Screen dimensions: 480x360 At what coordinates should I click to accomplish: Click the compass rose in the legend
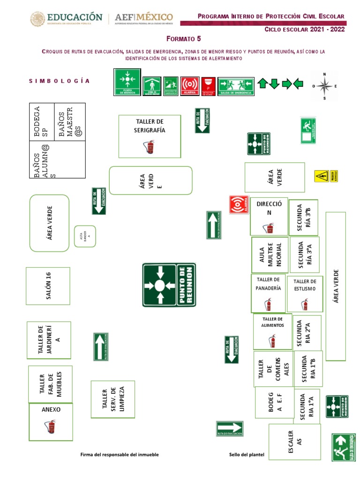coord(324,85)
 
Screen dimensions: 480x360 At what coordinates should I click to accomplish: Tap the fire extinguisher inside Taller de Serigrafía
coord(150,148)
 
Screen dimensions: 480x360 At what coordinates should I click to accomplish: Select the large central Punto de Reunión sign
coord(169,285)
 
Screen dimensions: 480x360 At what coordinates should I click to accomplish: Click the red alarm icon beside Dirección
coord(239,205)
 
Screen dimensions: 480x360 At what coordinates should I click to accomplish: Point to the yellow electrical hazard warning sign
coord(322,176)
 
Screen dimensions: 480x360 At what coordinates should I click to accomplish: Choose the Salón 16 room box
coord(48,286)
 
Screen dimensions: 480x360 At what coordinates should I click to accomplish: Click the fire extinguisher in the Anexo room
coord(50,427)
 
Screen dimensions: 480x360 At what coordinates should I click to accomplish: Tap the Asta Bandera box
coord(85,236)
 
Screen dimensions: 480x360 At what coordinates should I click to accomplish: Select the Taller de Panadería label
coord(268,284)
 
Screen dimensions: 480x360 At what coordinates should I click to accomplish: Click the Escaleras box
coord(294,442)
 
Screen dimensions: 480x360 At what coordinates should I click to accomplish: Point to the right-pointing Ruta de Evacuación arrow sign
coord(230,428)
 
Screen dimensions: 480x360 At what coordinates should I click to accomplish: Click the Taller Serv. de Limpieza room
coord(112,399)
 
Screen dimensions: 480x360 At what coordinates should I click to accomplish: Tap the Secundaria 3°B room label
coord(303,218)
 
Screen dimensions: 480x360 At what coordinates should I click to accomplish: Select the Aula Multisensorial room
coord(269,255)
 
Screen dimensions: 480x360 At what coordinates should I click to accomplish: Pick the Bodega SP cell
coord(42,121)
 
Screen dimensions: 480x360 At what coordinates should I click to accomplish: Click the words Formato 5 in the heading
coord(187,38)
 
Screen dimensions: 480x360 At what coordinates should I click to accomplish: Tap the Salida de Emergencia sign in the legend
coord(236,86)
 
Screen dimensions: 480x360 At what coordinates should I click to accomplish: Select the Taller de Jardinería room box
coord(49,340)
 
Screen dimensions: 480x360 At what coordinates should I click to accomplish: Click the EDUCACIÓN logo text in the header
coord(75,17)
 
